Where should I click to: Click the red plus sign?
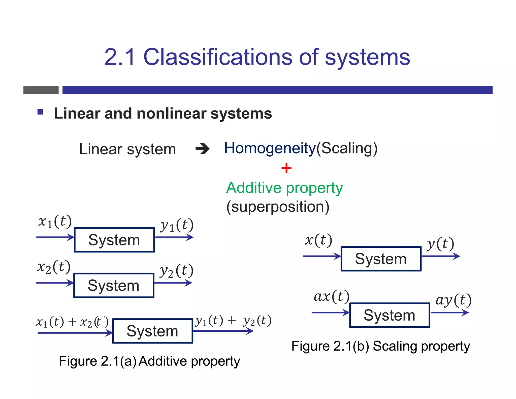[286, 168]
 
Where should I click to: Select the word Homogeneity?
[270, 148]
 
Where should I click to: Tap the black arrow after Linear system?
[202, 149]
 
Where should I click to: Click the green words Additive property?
[284, 188]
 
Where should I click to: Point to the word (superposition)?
[278, 207]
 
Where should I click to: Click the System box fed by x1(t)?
[114, 240]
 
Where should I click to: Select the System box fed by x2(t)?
[114, 286]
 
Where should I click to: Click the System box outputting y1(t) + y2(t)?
[152, 331]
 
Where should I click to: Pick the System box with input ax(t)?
[390, 315]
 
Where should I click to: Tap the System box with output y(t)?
[381, 259]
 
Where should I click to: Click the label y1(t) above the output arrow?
[177, 225]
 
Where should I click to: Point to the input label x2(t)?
[54, 267]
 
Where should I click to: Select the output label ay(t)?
[453, 300]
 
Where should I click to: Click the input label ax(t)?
[331, 296]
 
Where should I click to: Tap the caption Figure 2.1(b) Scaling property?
[380, 346]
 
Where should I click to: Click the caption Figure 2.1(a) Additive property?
[149, 361]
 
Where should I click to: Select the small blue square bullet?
[40, 112]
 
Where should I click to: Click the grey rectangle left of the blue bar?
[41, 90]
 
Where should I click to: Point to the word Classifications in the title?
[218, 57]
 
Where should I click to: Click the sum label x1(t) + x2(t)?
[72, 322]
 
